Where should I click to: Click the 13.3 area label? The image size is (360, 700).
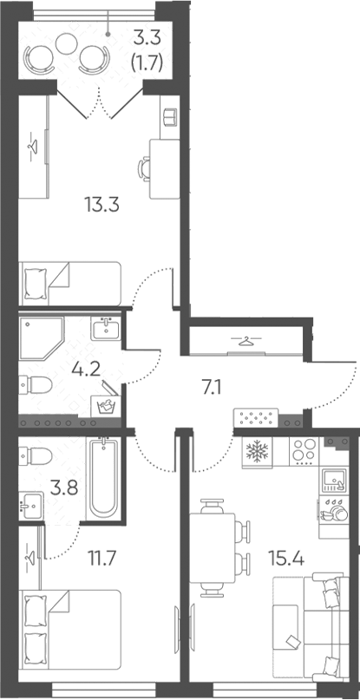pos(101,206)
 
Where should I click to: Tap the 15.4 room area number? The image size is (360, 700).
pos(286,558)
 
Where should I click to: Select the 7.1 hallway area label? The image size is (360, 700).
pos(213,389)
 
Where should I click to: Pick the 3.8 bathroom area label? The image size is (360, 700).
pos(64,487)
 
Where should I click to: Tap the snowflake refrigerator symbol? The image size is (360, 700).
pos(258,452)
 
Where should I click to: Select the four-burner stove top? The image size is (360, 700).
pos(304,452)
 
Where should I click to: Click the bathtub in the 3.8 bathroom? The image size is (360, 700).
pos(104,478)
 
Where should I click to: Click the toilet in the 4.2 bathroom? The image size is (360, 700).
pos(36,384)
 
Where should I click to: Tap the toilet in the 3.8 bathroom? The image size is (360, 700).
pos(36,455)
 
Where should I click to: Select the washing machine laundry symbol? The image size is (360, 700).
pos(107,406)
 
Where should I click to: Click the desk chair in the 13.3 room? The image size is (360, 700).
pos(144,169)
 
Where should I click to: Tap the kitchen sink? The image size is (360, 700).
pos(334,481)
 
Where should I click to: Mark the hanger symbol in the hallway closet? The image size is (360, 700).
pos(245,342)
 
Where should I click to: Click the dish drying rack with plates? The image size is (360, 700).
pos(334,510)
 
